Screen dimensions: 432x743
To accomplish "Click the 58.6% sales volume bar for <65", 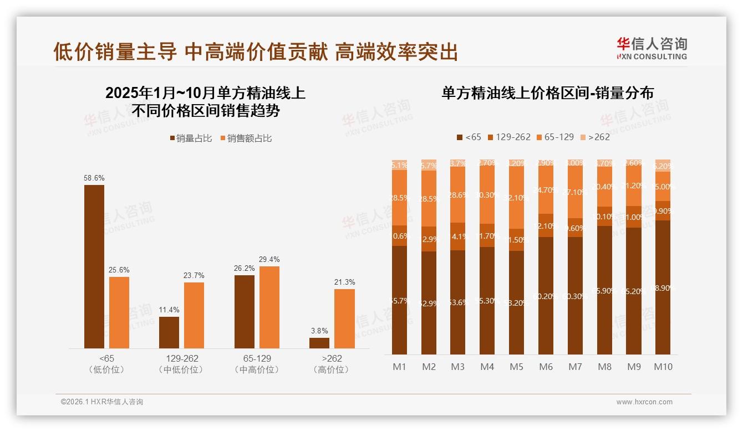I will coord(94,266).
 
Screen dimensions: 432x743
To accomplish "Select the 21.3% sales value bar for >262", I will coord(344,318).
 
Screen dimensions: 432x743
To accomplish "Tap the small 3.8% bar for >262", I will coord(319,343).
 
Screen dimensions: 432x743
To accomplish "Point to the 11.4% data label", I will coord(169,310).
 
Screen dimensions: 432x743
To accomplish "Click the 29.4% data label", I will coord(269,259).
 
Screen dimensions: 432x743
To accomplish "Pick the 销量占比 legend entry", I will coord(191,138).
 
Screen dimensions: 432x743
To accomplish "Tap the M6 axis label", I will coord(546,367).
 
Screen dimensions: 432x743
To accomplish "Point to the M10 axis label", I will coord(663,367).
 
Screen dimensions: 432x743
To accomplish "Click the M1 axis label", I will coord(399,367).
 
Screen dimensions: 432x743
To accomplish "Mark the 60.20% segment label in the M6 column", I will coord(546,296).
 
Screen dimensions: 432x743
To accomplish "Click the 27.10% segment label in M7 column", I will coord(575,192).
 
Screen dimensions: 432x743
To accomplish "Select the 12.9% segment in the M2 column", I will coord(429,239).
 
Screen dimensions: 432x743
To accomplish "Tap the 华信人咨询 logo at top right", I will coord(652,48).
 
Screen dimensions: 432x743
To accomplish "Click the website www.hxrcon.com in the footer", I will coord(644,402).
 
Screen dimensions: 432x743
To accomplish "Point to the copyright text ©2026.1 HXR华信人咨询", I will coord(102,402).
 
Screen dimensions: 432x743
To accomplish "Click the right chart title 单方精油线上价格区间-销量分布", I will coord(547,93).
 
